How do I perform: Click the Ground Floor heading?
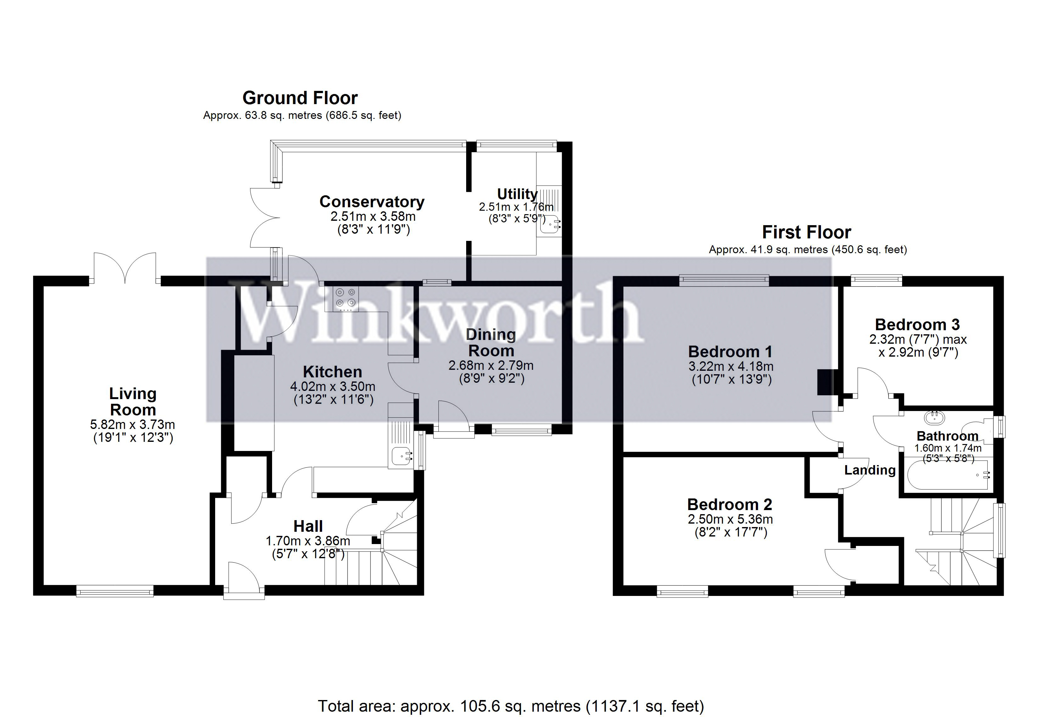click(x=300, y=98)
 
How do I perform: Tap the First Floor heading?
click(x=806, y=232)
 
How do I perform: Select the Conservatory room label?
click(x=371, y=202)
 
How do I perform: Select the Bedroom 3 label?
click(x=917, y=324)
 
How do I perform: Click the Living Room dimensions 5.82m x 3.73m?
click(x=132, y=425)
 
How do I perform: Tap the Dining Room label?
click(x=491, y=342)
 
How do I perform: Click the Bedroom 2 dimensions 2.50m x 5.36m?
click(x=730, y=519)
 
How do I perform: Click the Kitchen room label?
click(x=332, y=372)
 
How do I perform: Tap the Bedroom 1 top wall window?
click(x=723, y=281)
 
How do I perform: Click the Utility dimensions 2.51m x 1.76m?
click(x=516, y=207)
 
